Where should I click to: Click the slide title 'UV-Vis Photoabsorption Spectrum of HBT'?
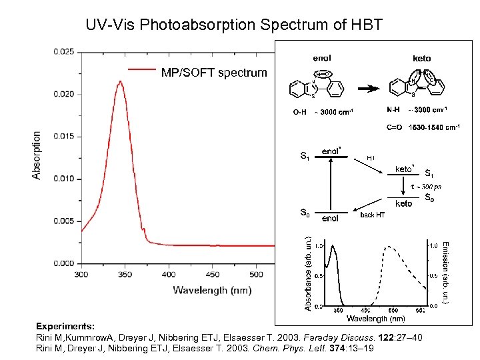coord(234,25)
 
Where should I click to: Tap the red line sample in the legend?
coord(141,69)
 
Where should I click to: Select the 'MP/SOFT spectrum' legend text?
coord(213,72)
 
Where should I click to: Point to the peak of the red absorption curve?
coord(120,81)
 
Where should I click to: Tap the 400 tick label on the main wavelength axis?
coord(169,274)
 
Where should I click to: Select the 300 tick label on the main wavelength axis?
coord(81,274)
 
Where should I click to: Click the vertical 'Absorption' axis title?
coord(37,155)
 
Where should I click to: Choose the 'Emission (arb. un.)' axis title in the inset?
coord(445,273)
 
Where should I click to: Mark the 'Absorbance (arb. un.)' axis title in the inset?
coord(307,273)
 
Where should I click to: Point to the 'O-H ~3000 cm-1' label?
coord(323,111)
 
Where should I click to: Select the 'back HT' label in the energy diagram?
coord(372,215)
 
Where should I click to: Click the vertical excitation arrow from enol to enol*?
coord(331,184)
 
